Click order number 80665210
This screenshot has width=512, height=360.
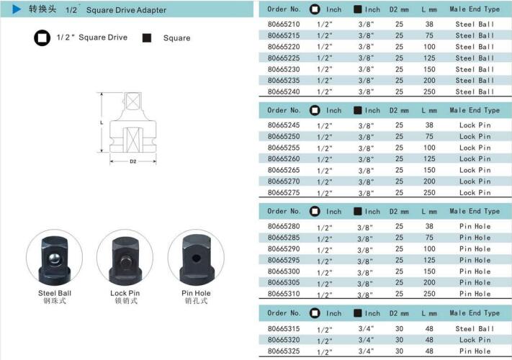point(284,24)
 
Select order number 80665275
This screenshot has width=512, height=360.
point(284,192)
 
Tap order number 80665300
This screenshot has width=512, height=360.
point(284,271)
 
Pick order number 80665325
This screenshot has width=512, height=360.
point(284,351)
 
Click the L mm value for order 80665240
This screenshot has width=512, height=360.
point(429,91)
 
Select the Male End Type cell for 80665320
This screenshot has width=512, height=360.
point(475,340)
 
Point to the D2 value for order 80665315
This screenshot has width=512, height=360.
point(399,328)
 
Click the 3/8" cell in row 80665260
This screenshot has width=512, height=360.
point(366,159)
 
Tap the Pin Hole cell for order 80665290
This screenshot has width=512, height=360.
point(475,248)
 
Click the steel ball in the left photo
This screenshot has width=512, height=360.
point(54,258)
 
